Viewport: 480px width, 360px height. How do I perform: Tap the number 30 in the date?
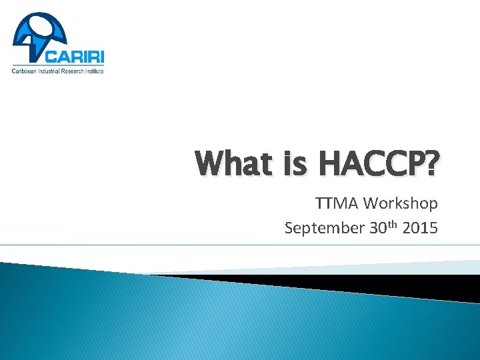[377, 228]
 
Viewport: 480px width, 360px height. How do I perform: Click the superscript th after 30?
[392, 223]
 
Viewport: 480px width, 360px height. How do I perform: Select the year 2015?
[421, 228]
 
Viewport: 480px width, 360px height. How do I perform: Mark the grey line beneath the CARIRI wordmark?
[59, 65]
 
